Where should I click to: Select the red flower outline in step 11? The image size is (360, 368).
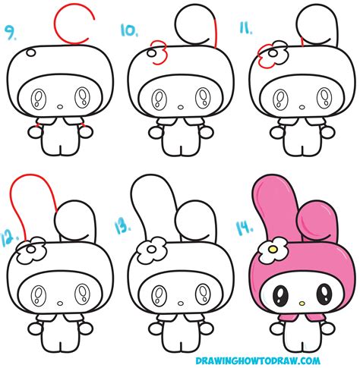(x=267, y=54)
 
